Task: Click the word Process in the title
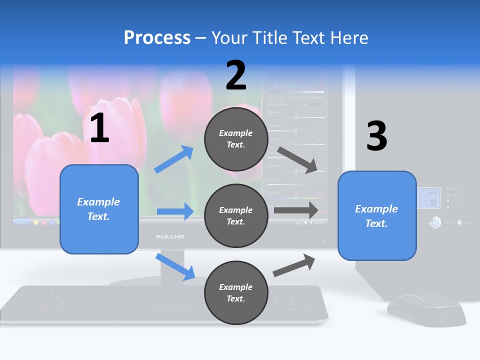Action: [x=157, y=38]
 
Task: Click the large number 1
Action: [x=99, y=128]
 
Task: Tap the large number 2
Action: [x=236, y=75]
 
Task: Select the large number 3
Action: [x=376, y=136]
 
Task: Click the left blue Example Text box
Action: [x=99, y=209]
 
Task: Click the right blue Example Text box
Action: [x=377, y=215]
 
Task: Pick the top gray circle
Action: [x=236, y=139]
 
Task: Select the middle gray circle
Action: [x=236, y=215]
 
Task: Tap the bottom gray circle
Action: [x=236, y=292]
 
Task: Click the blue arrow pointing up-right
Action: [x=173, y=159]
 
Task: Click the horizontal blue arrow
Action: [x=175, y=211]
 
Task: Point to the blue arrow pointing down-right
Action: [x=175, y=266]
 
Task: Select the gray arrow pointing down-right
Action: [x=298, y=159]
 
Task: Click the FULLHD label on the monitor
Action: [x=170, y=236]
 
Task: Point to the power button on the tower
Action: [x=435, y=222]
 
